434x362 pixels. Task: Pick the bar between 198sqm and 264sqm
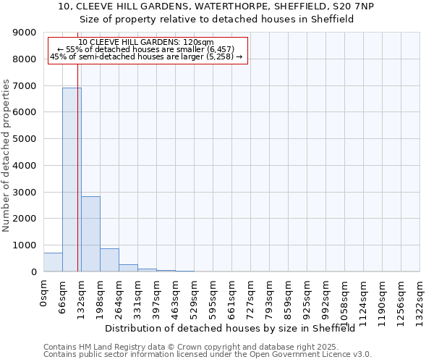pos(109,260)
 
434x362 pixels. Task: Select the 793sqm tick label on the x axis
pos(270,295)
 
